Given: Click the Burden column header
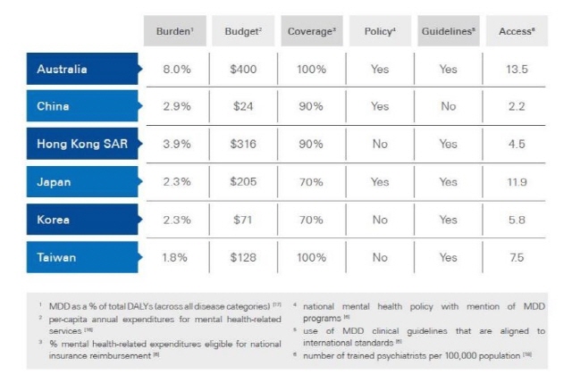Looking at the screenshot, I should [x=174, y=30].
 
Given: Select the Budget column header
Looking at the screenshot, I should [x=244, y=30].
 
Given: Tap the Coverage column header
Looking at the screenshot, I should [x=311, y=30].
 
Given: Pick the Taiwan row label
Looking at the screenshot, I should [x=57, y=257].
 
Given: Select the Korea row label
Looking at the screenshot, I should [x=55, y=219].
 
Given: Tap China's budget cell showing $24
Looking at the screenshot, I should [x=243, y=106].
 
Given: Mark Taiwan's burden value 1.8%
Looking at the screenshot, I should [x=174, y=257].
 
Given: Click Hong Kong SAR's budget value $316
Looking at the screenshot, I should [x=243, y=144].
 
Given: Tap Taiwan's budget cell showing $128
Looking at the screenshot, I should [x=243, y=257].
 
